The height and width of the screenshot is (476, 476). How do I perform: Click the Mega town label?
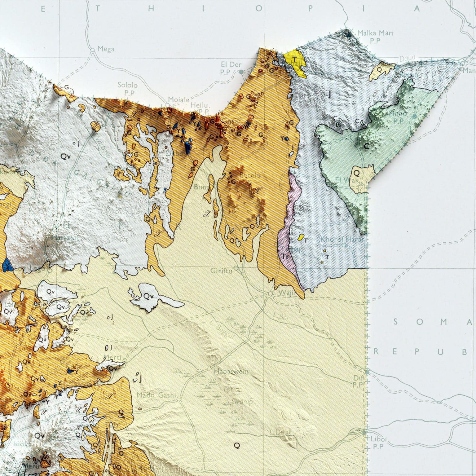(106, 49)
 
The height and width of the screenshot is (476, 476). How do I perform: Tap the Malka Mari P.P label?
(375, 36)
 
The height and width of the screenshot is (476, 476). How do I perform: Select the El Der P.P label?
(229, 68)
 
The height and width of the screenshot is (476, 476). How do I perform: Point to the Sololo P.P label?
(127, 88)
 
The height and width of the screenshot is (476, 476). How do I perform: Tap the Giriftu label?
(221, 271)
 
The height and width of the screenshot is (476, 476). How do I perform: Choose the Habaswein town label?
(231, 371)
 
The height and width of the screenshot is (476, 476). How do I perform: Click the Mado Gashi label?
(156, 395)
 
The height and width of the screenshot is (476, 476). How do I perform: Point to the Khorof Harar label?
(343, 239)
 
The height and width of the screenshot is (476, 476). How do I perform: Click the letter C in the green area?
(367, 146)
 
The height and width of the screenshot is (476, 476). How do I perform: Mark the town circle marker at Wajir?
(270, 293)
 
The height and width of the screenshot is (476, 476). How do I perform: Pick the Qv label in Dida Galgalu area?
(65, 157)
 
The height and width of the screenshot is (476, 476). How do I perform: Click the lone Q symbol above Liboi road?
(237, 446)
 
